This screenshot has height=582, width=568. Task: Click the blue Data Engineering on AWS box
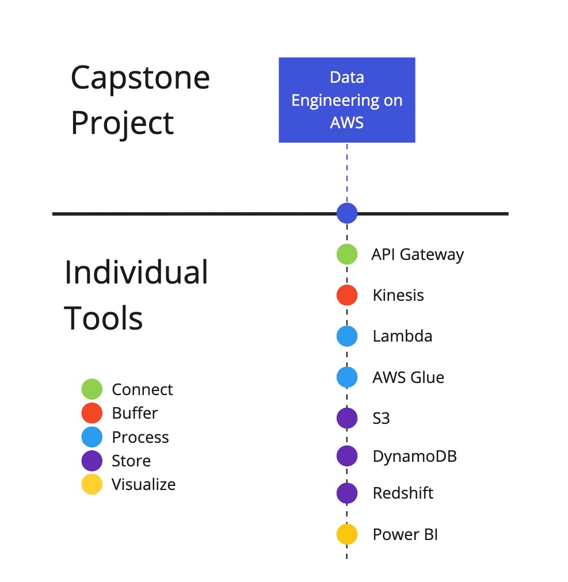click(346, 100)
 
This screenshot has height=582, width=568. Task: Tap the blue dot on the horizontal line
click(346, 213)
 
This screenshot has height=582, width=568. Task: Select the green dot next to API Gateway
click(346, 254)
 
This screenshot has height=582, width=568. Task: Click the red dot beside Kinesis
click(346, 295)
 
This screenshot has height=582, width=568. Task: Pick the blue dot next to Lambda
click(346, 336)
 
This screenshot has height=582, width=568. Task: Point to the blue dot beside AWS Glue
click(346, 377)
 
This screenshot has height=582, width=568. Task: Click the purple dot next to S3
click(346, 418)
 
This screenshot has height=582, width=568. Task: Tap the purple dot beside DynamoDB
click(346, 456)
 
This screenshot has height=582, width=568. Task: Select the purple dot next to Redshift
click(346, 493)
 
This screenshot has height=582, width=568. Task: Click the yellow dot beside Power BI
click(346, 534)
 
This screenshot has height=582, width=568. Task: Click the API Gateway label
click(418, 255)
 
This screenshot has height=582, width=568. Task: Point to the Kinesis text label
click(398, 296)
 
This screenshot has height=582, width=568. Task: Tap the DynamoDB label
click(414, 457)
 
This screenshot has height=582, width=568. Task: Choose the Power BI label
click(405, 534)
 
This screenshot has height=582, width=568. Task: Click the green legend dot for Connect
click(92, 389)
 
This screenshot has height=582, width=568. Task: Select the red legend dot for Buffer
click(92, 413)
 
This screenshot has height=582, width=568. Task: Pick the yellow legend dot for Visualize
click(92, 484)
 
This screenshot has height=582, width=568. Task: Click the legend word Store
click(131, 461)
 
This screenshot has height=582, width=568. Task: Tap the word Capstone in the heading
click(140, 78)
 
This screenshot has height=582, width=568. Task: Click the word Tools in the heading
click(103, 318)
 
